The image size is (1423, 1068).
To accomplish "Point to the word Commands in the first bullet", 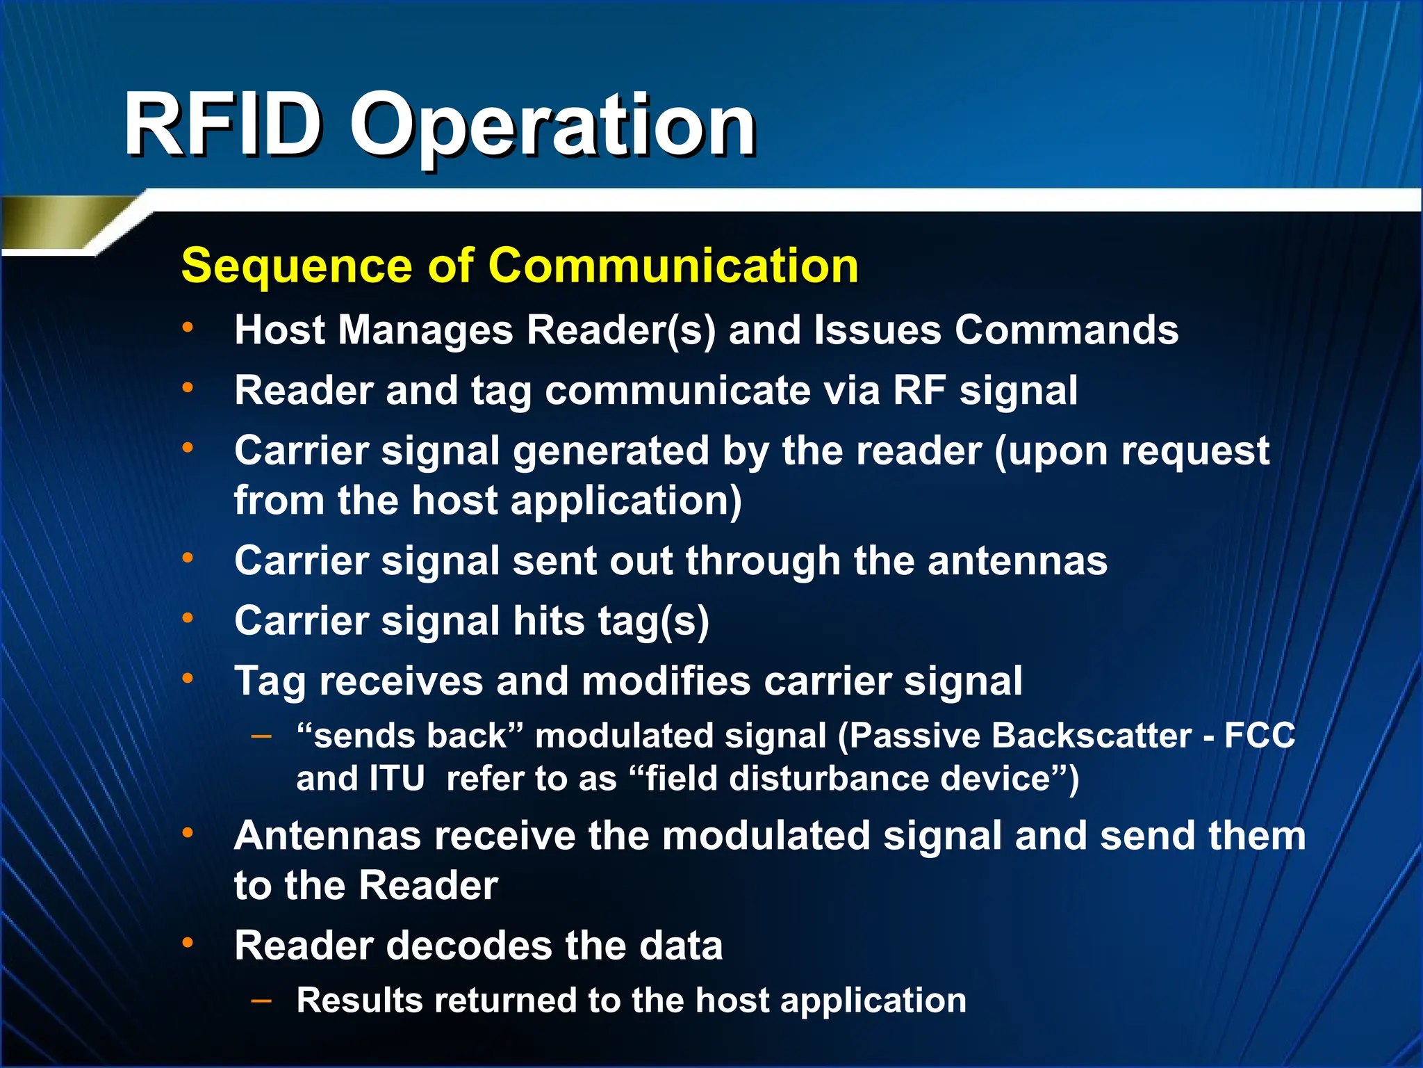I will (x=1066, y=330).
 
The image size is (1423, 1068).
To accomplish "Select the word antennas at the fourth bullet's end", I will (x=1017, y=560).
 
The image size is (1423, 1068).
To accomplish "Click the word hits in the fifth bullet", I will (x=548, y=620).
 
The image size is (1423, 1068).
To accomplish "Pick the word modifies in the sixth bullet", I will (x=666, y=681).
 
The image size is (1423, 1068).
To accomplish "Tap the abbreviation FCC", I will (x=1259, y=736).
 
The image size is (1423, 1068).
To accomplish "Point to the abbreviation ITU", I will (x=397, y=778).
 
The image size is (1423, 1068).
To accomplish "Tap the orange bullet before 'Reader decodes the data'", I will (x=188, y=943).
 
